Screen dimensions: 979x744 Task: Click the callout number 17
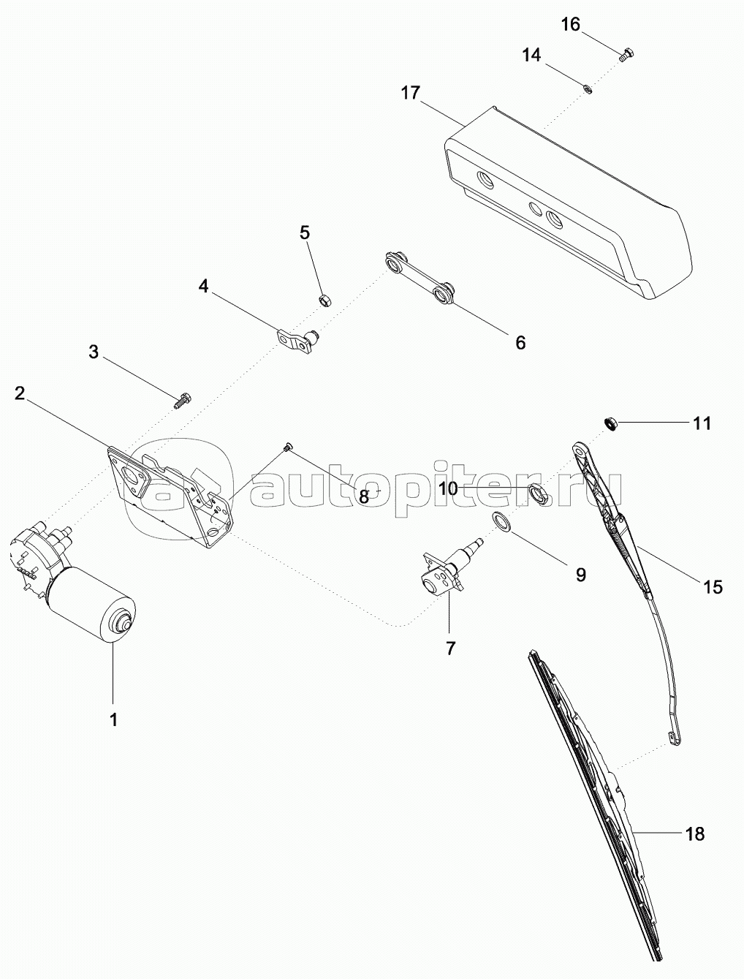(x=411, y=93)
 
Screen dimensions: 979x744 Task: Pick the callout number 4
(x=204, y=286)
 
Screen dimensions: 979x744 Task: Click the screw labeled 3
(x=183, y=399)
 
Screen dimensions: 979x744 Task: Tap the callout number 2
(x=20, y=393)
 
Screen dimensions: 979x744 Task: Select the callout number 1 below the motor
(x=113, y=719)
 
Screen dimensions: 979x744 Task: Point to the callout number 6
(x=520, y=341)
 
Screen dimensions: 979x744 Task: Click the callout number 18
(x=694, y=833)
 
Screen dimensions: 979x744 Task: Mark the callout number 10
(x=449, y=488)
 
